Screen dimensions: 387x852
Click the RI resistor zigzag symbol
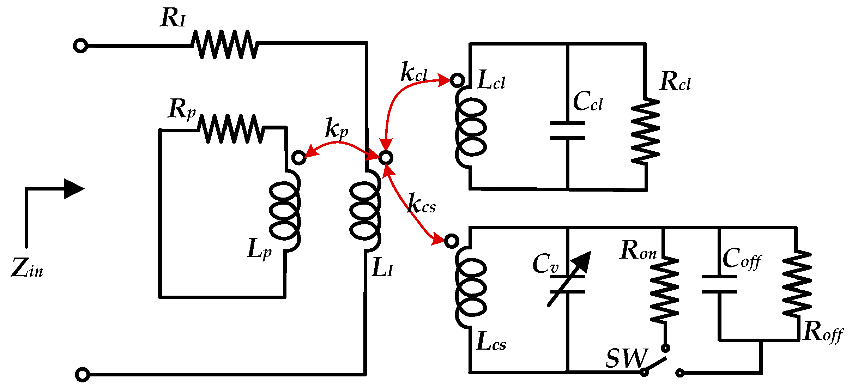225,44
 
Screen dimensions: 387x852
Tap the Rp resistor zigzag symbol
231,129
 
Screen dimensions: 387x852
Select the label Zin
27,268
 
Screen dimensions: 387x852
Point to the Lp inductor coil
285,211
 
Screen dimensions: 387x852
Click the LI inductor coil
365,210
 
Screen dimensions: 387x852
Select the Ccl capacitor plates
567,131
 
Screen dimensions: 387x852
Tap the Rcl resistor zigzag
646,131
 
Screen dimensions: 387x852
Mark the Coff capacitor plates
719,284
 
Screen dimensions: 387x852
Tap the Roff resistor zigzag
797,284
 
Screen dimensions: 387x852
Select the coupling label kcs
422,204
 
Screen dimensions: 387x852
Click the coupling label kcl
414,72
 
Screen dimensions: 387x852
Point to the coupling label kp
336,128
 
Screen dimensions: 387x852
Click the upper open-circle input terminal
80,46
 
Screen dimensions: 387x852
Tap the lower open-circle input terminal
83,374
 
